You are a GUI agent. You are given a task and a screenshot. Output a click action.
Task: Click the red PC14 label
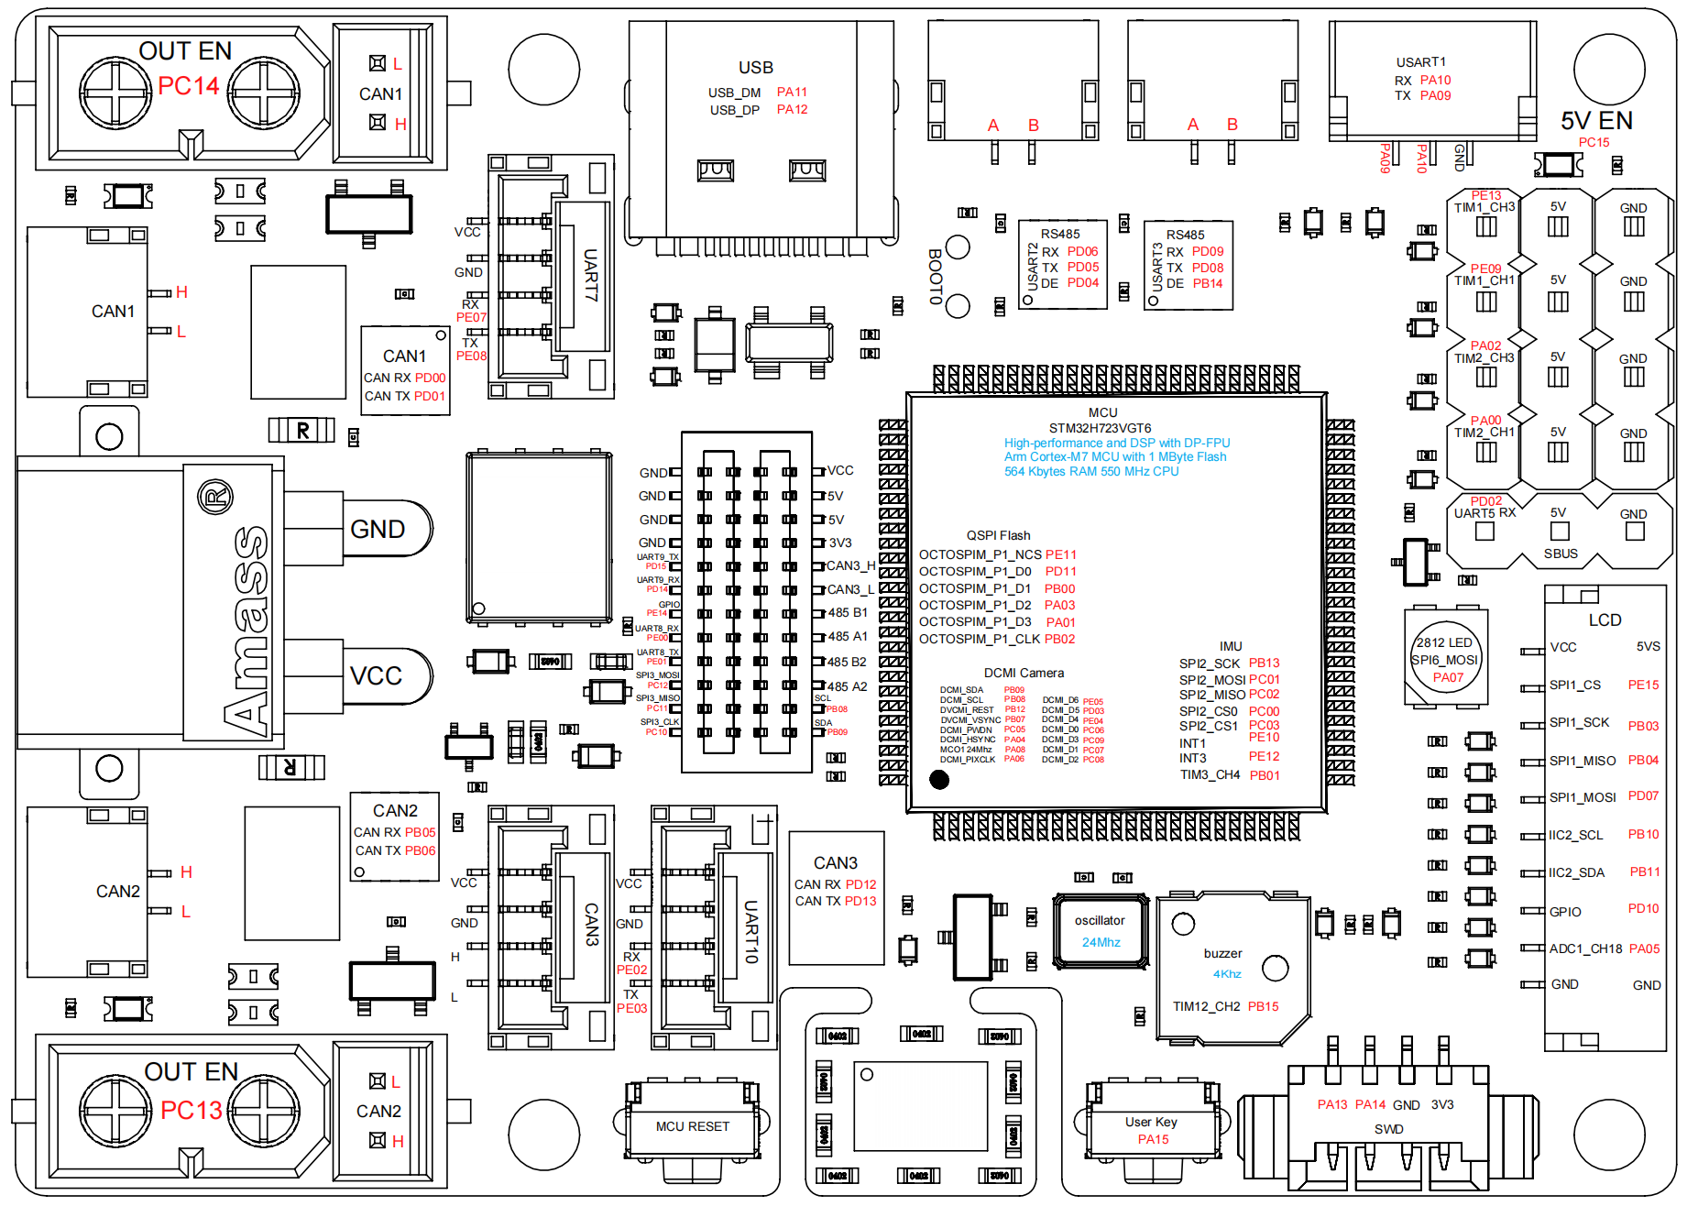(x=188, y=86)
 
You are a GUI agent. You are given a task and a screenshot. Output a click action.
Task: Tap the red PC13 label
(x=191, y=1110)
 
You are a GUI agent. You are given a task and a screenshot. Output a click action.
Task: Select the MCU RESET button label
(x=692, y=1126)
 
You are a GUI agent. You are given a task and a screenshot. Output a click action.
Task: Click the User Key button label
(x=1151, y=1122)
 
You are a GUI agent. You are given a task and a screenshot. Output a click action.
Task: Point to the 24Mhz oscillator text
(x=1101, y=942)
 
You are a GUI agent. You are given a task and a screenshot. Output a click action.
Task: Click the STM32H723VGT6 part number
(x=1100, y=428)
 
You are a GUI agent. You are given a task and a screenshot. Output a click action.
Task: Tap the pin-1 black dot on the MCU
(x=939, y=780)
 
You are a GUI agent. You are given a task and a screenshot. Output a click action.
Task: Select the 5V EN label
(x=1595, y=121)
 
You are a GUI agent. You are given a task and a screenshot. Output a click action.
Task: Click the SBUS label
(x=1561, y=554)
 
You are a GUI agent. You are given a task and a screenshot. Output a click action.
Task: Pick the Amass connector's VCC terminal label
(x=376, y=676)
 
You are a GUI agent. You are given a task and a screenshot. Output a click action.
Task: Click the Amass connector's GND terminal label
(x=377, y=530)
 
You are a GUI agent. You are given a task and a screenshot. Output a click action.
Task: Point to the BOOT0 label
(x=935, y=276)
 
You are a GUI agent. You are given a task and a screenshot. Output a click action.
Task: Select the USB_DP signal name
(x=734, y=110)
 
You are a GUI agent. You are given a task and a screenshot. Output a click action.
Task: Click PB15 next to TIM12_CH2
(x=1263, y=1006)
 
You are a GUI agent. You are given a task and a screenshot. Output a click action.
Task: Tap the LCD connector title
(x=1605, y=620)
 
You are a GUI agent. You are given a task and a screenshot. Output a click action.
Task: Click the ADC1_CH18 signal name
(x=1585, y=948)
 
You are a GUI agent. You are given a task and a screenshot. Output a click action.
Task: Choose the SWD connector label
(x=1388, y=1129)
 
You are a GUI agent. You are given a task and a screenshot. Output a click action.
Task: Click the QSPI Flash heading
(x=998, y=535)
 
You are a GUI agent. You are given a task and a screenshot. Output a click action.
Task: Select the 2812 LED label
(x=1443, y=642)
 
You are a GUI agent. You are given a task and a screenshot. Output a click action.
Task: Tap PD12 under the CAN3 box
(x=860, y=884)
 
